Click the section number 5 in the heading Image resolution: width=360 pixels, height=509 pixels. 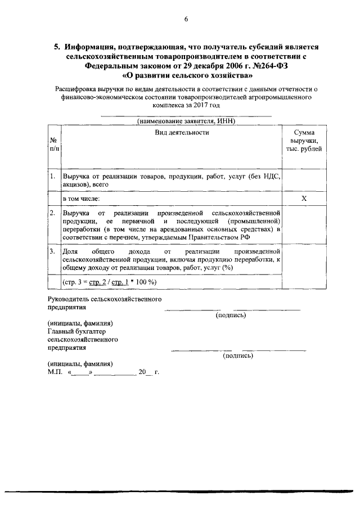pyautogui.click(x=56, y=48)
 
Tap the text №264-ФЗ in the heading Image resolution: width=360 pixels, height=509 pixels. pyautogui.click(x=273, y=65)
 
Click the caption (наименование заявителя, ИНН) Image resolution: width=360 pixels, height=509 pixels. pyautogui.click(x=186, y=121)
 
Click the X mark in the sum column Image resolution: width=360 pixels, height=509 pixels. pyautogui.click(x=304, y=199)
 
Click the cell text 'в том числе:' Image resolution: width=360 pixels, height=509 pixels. pyautogui.click(x=81, y=199)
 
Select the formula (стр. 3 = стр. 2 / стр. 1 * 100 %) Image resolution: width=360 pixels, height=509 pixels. pyautogui.click(x=109, y=281)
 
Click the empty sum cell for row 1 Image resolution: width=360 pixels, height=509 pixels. pyautogui.click(x=304, y=180)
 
